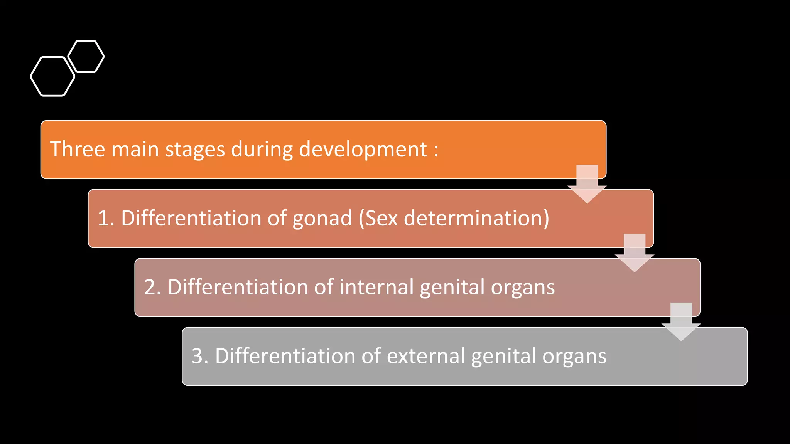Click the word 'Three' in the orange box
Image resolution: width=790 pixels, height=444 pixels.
tap(77, 149)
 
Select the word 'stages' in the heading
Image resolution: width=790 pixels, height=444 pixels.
tap(195, 150)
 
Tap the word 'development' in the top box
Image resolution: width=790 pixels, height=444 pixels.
tap(363, 150)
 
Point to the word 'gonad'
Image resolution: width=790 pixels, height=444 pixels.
tap(322, 219)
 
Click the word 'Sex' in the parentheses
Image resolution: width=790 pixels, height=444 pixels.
tap(381, 218)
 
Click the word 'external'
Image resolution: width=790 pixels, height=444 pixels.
tap(425, 356)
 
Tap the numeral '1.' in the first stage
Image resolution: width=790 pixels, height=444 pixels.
tap(106, 218)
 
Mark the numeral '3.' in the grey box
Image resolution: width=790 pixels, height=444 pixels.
tap(200, 356)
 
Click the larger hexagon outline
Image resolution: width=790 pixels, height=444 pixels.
tap(52, 76)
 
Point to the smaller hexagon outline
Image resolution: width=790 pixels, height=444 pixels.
tap(86, 56)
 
